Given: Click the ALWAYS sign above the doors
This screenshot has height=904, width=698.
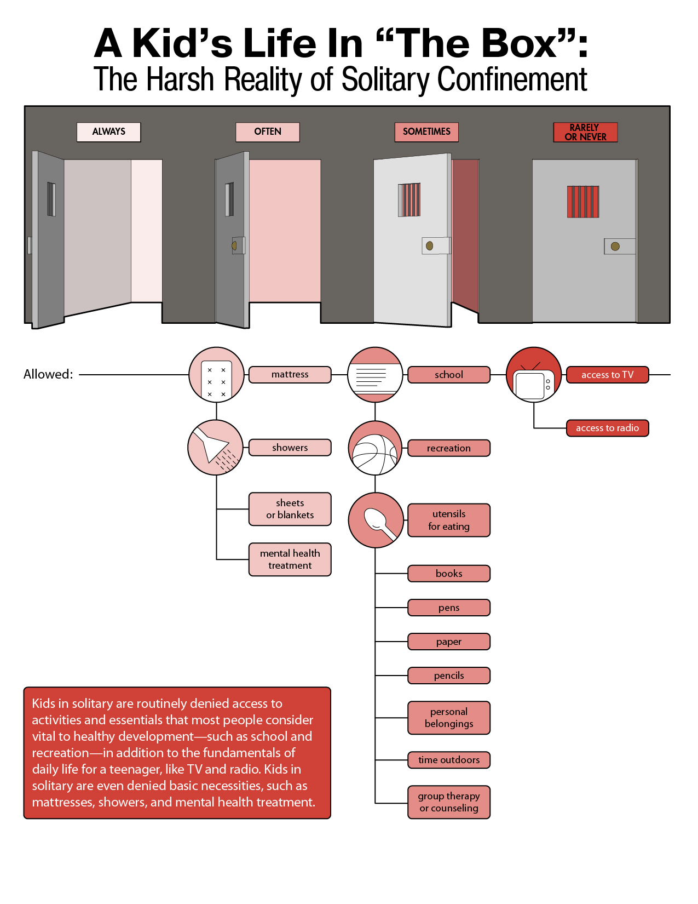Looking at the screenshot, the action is [x=108, y=132].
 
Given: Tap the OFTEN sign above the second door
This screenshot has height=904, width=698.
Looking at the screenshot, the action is [x=267, y=132].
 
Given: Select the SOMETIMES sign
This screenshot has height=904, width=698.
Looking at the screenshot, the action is [x=426, y=132].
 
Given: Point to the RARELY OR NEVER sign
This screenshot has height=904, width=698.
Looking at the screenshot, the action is [x=585, y=132].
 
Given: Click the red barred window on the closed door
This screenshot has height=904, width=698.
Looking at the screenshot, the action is [x=583, y=202].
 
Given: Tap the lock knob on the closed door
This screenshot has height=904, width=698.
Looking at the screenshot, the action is [x=615, y=247].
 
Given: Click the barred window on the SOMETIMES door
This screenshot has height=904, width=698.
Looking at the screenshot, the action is [x=409, y=199].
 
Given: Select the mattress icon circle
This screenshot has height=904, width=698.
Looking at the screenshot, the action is [x=216, y=374].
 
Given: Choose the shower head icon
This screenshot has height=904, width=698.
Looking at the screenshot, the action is [x=215, y=448].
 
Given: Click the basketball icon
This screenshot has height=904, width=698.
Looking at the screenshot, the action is [x=375, y=448].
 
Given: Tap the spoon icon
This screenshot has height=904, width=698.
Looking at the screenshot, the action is [x=376, y=520].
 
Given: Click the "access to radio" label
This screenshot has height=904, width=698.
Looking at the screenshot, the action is [x=607, y=428].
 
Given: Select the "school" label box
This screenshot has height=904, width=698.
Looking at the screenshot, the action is [x=449, y=374].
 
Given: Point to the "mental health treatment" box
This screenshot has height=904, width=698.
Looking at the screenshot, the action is [x=290, y=559].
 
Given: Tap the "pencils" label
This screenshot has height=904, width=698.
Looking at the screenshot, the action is [x=449, y=676].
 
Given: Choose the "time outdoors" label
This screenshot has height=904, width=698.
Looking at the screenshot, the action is [x=449, y=760].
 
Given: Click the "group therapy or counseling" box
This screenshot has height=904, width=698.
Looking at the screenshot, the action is [x=449, y=803].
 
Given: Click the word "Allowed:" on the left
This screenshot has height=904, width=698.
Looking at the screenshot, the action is [x=48, y=374].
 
